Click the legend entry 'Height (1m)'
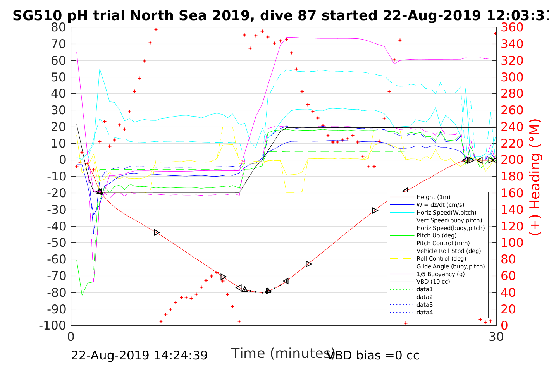433,197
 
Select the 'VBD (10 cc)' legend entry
433,282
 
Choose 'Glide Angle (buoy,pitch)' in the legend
450,266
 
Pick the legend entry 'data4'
424,313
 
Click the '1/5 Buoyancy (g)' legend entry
441,274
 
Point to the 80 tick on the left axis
59,27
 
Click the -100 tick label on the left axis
53,325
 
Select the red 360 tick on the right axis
512,27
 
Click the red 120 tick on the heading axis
512,226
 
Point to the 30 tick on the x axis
496,337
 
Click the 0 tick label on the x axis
71,337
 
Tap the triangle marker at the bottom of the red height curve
268,291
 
